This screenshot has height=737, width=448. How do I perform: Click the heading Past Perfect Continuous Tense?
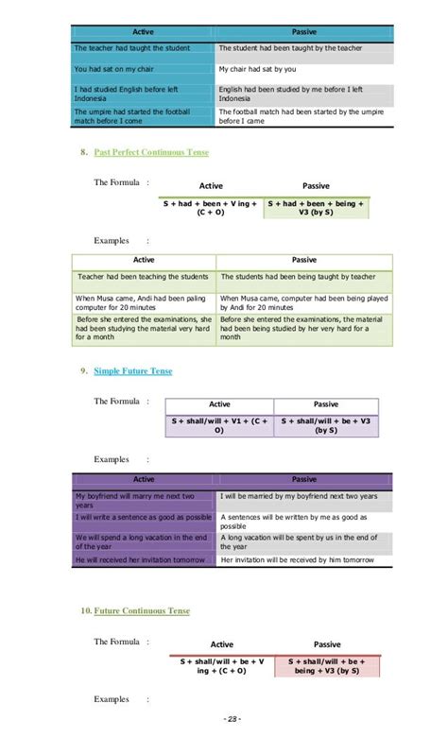[x=151, y=152]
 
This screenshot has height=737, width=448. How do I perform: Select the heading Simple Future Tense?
[x=132, y=371]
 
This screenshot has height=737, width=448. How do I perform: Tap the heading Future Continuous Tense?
[x=141, y=611]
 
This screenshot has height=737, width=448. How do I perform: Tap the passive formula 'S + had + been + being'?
[x=317, y=207]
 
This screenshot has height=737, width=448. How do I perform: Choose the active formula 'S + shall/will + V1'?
[x=219, y=424]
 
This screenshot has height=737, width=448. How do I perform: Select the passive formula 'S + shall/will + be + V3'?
[x=327, y=424]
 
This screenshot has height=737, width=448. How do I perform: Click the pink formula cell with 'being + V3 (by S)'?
[x=326, y=665]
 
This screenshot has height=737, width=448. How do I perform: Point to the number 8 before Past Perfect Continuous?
[x=84, y=152]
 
